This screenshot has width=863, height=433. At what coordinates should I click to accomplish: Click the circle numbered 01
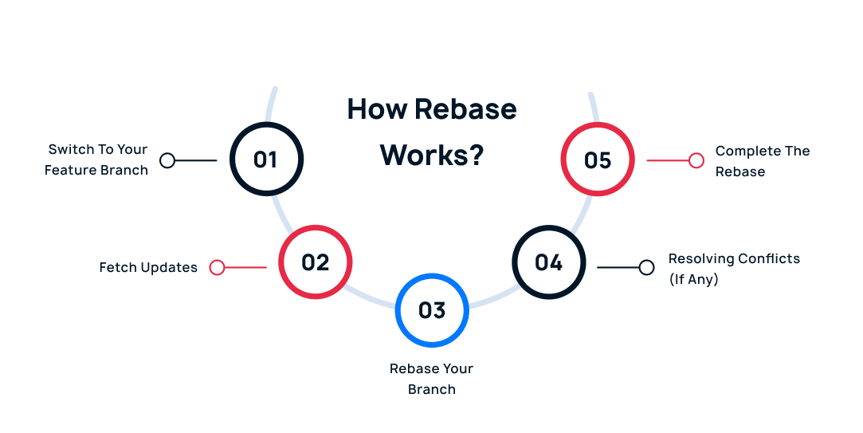click(266, 159)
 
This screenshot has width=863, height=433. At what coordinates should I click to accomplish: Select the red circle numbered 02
click(315, 262)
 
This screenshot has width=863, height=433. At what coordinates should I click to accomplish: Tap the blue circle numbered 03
click(432, 310)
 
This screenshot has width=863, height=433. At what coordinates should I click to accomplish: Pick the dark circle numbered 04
click(548, 262)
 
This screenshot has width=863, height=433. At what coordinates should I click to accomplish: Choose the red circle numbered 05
click(598, 159)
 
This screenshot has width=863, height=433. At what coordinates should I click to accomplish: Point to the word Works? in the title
click(432, 154)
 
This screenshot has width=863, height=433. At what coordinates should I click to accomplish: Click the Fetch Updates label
click(148, 268)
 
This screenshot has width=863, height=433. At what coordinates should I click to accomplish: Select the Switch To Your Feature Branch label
click(96, 159)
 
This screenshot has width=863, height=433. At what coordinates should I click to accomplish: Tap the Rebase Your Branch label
click(431, 379)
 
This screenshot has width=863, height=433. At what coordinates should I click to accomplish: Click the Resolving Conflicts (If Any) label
click(734, 269)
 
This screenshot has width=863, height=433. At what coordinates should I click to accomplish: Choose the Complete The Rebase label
click(762, 161)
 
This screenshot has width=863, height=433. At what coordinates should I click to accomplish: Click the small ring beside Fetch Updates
click(217, 267)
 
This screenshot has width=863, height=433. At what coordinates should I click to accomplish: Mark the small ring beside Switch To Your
click(167, 160)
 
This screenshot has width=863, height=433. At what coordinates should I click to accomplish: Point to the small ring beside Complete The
click(696, 160)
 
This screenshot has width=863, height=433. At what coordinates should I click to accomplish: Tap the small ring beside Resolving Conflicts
click(646, 267)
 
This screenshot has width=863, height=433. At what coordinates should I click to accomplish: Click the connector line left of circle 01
click(196, 160)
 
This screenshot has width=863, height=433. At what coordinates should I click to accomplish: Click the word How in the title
click(375, 109)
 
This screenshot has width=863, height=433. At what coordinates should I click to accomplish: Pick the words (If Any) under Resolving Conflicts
click(693, 280)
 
